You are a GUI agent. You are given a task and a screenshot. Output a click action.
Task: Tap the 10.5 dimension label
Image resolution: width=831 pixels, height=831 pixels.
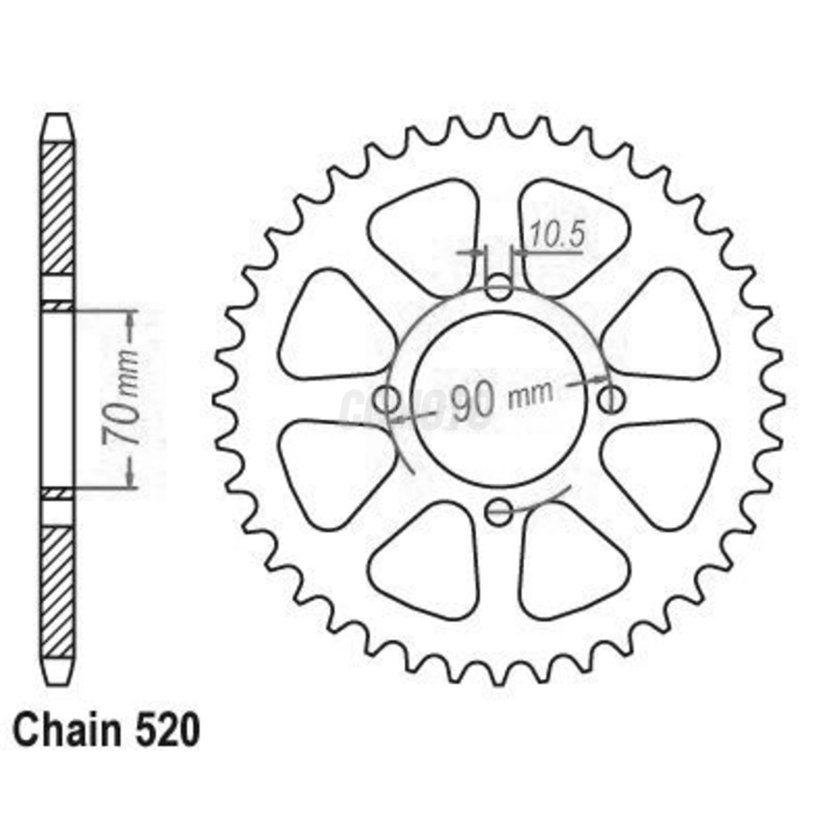point(557,234)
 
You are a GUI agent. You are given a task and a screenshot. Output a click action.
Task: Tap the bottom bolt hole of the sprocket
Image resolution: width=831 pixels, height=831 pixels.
point(499,510)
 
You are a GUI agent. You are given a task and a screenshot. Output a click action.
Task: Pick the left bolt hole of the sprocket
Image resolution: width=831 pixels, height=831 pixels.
point(389,399)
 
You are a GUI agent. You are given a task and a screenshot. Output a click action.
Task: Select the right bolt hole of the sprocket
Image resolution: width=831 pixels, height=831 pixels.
point(610,399)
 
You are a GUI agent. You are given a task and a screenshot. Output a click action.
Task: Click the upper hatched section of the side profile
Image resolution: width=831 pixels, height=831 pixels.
point(58,208)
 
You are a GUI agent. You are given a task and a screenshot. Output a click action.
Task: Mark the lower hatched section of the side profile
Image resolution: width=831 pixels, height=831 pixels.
point(58,591)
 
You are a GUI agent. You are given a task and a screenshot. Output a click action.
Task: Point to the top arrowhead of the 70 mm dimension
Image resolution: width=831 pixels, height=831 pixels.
point(130,315)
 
